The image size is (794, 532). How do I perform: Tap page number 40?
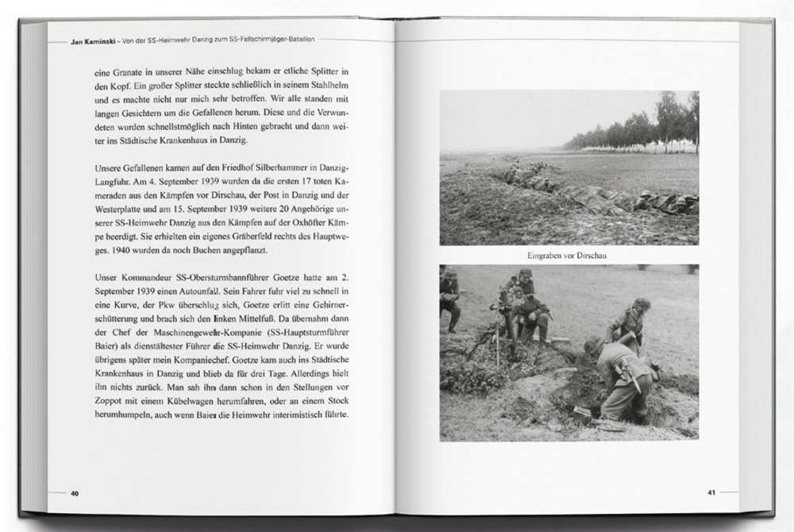pyautogui.click(x=75, y=493)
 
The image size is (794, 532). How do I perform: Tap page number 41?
pyautogui.click(x=711, y=492)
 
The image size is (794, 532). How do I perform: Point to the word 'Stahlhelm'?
pyautogui.click(x=326, y=86)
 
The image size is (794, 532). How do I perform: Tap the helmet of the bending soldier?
pyautogui.click(x=594, y=346)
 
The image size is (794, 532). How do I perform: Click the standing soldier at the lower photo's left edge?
pyautogui.click(x=449, y=298)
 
